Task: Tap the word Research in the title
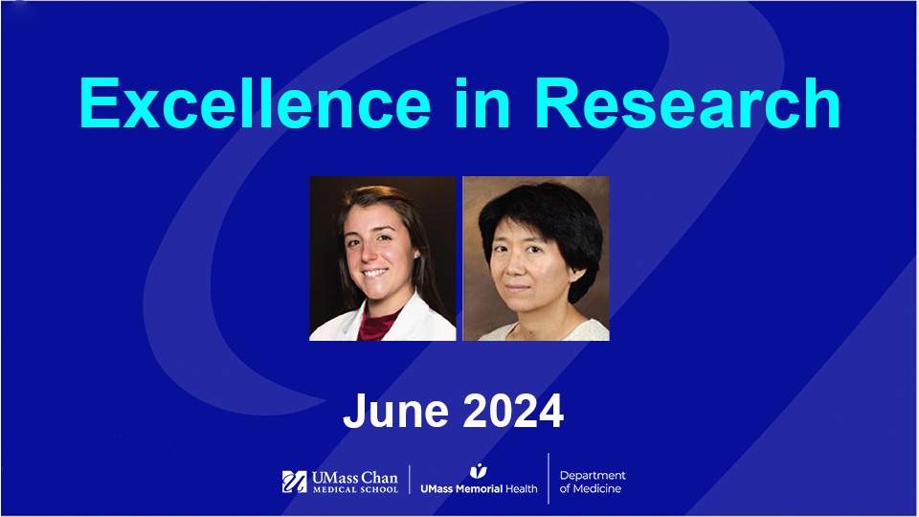(688, 102)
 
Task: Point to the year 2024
(512, 411)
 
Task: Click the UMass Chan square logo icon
(294, 482)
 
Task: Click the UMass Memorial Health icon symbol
(479, 470)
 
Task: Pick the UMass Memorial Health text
(479, 488)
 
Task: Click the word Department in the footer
(593, 476)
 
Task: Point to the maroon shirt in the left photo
(377, 324)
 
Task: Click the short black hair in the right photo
(536, 206)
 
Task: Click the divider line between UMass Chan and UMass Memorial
(410, 481)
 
